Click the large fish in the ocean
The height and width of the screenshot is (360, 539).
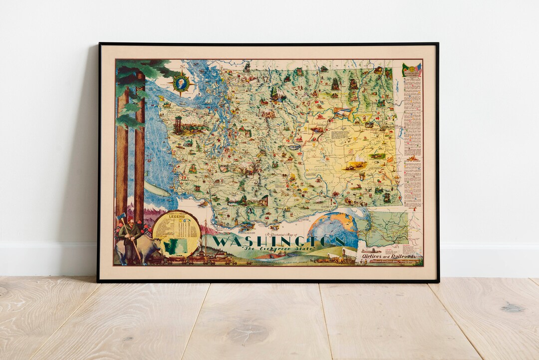coord(154,189)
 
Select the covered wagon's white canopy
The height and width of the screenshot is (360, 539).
coord(350,254)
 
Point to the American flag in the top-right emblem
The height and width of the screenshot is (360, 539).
coord(417,69)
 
